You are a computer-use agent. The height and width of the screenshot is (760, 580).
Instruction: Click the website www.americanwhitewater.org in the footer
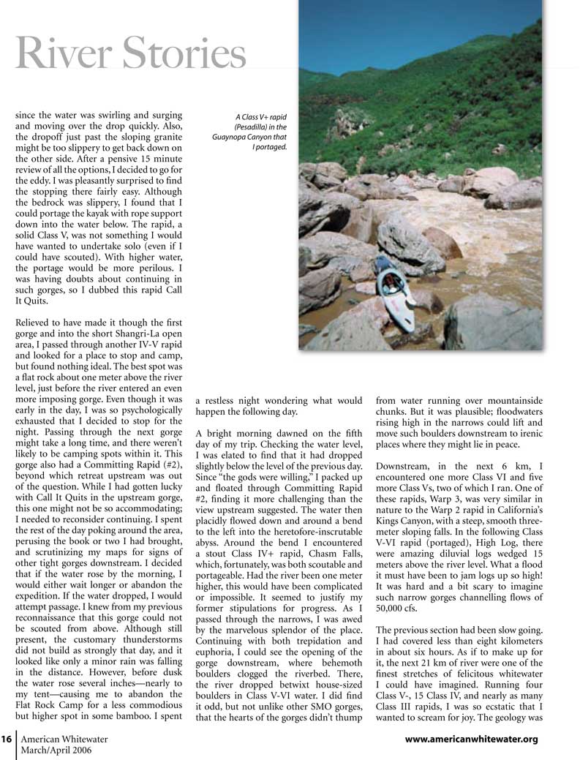pyautogui.click(x=471, y=740)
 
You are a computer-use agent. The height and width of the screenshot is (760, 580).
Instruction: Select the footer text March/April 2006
pyautogui.click(x=57, y=751)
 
